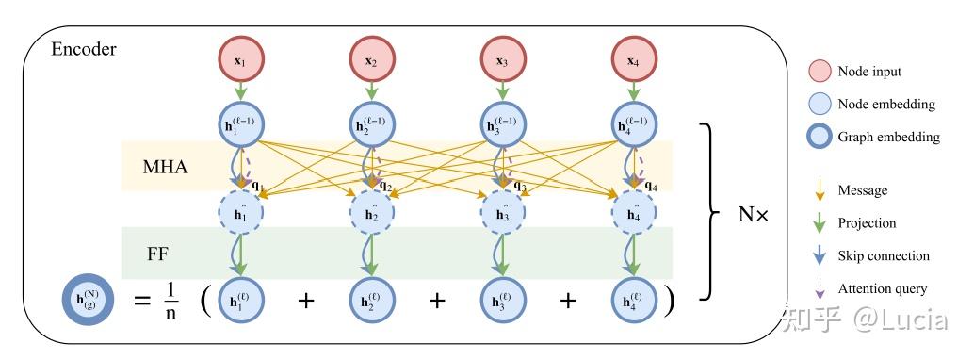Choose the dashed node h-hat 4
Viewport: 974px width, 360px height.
click(x=633, y=214)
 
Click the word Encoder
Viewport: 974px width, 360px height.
click(x=83, y=49)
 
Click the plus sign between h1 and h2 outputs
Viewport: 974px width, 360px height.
click(x=304, y=301)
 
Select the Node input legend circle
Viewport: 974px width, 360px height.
click(x=818, y=72)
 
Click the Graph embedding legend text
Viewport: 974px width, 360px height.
click(x=888, y=137)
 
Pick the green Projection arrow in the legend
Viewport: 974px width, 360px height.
click(x=818, y=223)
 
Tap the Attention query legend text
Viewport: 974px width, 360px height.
click(x=882, y=288)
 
